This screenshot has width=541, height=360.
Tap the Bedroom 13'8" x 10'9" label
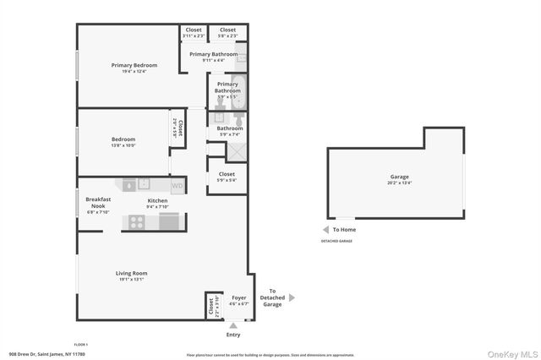(x=123, y=142)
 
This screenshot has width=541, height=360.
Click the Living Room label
(x=132, y=275)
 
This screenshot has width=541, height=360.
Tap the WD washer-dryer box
(x=178, y=185)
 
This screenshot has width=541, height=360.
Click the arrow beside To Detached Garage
(x=292, y=297)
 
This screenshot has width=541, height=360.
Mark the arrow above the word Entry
(x=233, y=325)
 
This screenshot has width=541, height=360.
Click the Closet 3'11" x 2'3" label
(x=193, y=32)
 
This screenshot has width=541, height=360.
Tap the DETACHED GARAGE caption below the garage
(x=336, y=242)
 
